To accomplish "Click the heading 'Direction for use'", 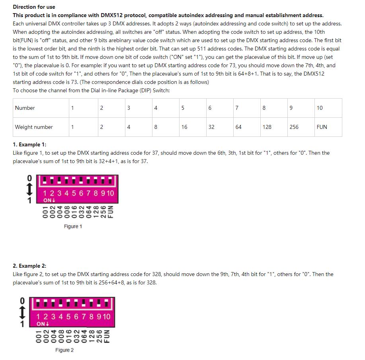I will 34,7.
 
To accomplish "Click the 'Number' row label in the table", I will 25,108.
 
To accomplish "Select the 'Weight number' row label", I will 34,127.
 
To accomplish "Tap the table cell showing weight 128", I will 267,127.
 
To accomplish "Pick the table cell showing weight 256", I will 294,127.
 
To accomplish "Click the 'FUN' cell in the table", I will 322,127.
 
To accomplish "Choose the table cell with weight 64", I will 238,127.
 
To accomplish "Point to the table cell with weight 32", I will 211,127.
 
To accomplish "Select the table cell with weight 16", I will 184,127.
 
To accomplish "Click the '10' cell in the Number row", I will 320,108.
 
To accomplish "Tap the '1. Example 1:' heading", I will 29,144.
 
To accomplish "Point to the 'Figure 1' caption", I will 73,226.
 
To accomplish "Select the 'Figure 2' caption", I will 64,350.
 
